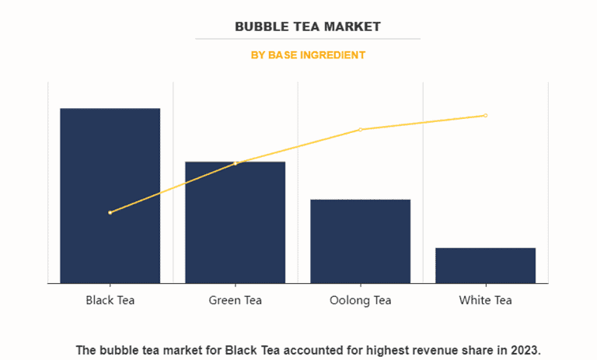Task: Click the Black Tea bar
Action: click(x=110, y=195)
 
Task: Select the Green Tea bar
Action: click(x=235, y=222)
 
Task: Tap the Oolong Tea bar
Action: click(x=360, y=241)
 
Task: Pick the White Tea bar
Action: click(x=485, y=265)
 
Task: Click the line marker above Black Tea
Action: click(x=110, y=212)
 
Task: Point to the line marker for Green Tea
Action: click(x=236, y=163)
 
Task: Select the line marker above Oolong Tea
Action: click(x=360, y=129)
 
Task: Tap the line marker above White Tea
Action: click(x=485, y=115)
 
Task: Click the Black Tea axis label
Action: click(x=110, y=300)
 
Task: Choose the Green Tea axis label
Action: click(x=235, y=300)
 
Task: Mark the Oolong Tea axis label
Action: click(x=360, y=300)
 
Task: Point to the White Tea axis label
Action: click(x=485, y=300)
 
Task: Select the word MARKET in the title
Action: click(x=354, y=26)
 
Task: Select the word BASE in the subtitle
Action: click(x=284, y=55)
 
